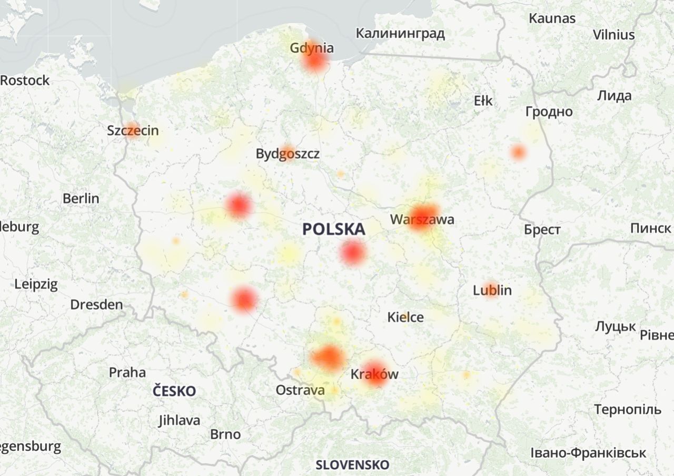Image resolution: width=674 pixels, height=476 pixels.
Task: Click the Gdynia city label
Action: point(312,48)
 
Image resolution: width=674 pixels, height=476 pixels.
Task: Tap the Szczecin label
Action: point(133,130)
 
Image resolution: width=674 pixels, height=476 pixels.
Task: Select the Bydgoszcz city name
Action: point(288,154)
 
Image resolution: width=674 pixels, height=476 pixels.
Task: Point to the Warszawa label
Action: point(422,219)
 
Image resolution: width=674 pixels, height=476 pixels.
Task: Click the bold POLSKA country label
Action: point(333,229)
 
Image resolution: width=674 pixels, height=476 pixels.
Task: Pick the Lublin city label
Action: point(492,290)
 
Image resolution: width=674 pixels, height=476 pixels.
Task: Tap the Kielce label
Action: point(405,317)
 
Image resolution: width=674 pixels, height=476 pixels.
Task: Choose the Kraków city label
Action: point(374,374)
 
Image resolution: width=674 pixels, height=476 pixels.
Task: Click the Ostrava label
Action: point(300,390)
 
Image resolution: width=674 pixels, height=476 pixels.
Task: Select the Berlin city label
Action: point(81,199)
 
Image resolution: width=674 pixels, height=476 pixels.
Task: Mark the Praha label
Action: point(127,372)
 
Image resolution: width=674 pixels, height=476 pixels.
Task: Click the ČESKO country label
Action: point(174,391)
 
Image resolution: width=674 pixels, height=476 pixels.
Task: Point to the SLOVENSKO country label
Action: point(352,465)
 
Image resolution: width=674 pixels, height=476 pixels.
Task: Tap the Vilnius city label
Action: point(613,35)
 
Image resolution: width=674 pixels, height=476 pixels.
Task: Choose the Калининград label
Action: point(400,34)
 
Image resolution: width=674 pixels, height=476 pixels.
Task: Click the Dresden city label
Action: point(96,305)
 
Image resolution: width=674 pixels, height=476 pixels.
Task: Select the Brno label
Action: point(225,434)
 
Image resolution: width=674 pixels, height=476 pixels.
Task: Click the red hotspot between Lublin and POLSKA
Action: point(353,252)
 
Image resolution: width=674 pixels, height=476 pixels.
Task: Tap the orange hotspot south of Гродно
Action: point(518,153)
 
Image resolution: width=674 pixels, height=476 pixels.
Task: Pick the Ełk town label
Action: point(483,100)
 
